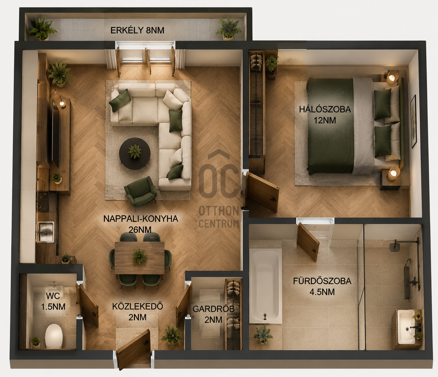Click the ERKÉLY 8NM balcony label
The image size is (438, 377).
(137, 30)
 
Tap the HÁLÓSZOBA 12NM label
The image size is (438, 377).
(325, 115)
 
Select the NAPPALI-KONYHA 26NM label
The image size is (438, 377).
(140, 224)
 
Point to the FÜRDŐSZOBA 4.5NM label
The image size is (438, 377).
(322, 287)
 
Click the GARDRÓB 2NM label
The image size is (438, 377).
(213, 314)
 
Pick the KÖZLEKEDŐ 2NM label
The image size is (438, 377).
(138, 312)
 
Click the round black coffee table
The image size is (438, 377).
(135, 153)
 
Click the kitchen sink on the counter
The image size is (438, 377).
(46, 232)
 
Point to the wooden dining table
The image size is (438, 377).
(140, 258)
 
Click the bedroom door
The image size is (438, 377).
(263, 191)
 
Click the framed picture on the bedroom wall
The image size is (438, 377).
(414, 121)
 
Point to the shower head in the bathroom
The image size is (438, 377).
(394, 247)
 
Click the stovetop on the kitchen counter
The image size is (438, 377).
(43, 202)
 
